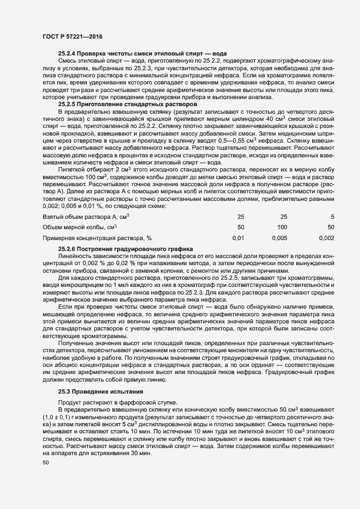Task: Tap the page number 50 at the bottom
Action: [46, 463]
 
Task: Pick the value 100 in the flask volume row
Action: [282, 212]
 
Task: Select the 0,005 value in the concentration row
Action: [279, 223]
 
